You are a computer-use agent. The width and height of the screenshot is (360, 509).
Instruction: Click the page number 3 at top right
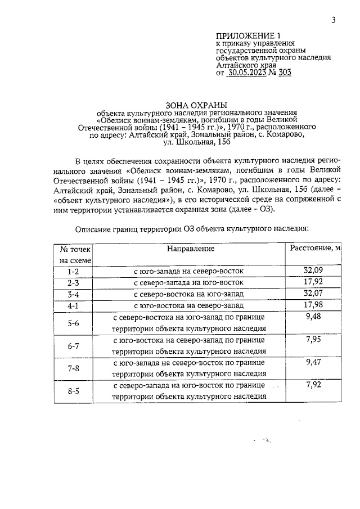(334, 21)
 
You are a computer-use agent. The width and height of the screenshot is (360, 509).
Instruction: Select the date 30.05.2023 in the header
(249, 73)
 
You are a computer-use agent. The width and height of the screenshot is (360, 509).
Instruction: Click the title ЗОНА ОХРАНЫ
(196, 105)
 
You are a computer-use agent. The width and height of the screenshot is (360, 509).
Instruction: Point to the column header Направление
(191, 248)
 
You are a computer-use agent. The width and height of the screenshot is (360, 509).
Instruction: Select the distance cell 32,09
(313, 271)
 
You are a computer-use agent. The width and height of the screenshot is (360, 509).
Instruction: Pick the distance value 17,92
(313, 282)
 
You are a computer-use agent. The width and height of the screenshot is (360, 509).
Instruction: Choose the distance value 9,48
(313, 317)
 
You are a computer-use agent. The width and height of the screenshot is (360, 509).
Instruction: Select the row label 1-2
(73, 271)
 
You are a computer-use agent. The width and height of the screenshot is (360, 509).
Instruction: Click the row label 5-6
(73, 323)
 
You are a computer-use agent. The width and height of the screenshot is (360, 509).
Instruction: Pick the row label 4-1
(73, 305)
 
